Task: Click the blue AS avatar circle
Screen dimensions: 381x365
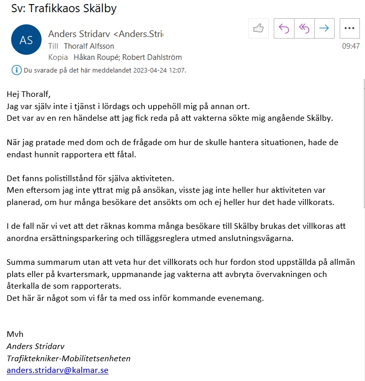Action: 26,40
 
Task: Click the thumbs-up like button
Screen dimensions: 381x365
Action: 259,28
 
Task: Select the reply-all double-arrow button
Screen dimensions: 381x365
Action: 304,28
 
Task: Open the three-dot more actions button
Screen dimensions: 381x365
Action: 349,28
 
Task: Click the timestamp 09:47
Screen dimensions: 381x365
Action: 351,46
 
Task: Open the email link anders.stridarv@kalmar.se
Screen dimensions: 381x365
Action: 57,370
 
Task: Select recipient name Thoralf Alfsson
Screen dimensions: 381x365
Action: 89,46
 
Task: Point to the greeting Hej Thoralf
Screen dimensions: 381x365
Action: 29,94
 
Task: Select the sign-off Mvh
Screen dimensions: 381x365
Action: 15,334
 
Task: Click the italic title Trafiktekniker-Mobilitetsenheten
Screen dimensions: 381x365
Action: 68,358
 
